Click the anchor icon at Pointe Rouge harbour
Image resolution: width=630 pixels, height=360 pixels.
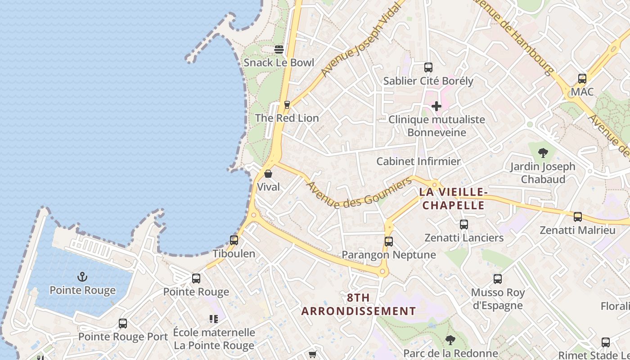click(x=82, y=277)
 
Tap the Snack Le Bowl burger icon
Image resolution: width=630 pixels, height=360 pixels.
click(x=279, y=49)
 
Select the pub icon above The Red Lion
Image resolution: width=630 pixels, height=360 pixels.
click(x=287, y=105)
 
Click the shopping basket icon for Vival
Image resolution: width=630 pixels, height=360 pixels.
click(x=268, y=173)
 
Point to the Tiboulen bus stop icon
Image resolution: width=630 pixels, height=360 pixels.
click(x=234, y=240)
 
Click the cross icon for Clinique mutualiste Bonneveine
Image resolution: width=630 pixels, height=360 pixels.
click(x=436, y=106)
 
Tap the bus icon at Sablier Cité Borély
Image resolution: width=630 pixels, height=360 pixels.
click(x=428, y=67)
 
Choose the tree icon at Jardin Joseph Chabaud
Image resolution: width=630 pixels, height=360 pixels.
click(x=543, y=153)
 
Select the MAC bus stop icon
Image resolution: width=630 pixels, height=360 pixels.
click(x=582, y=79)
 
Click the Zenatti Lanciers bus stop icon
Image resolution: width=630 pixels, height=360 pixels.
click(x=464, y=224)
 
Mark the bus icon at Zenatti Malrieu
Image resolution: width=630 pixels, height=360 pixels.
click(x=577, y=217)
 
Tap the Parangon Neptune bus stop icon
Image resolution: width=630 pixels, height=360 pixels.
click(x=389, y=242)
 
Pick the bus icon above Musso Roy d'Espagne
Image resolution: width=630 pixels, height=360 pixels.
click(x=497, y=279)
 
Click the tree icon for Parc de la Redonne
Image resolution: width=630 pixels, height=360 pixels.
click(x=450, y=340)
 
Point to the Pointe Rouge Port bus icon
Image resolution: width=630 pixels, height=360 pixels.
click(x=122, y=324)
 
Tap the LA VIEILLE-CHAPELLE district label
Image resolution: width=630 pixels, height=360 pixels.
click(x=452, y=199)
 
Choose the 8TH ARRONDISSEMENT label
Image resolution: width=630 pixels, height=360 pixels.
click(x=359, y=305)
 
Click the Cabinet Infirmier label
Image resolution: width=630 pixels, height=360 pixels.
click(x=418, y=162)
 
